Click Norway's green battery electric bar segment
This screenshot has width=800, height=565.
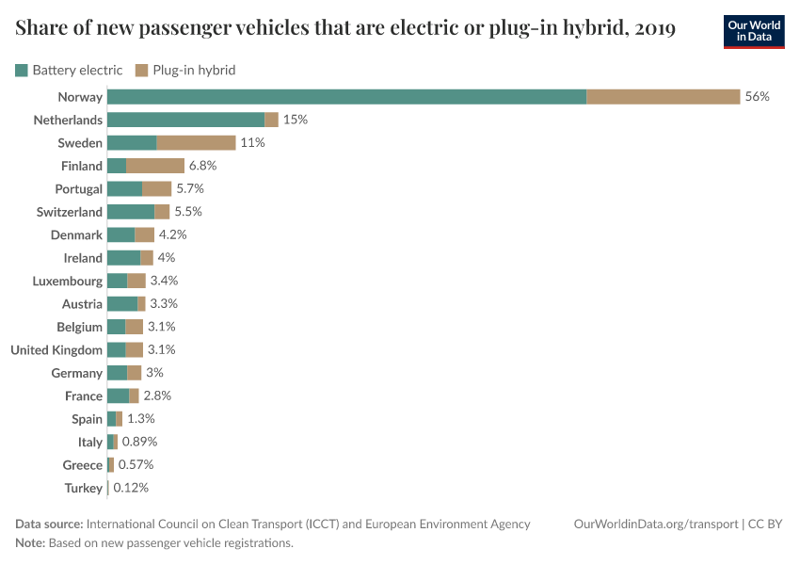(x=346, y=97)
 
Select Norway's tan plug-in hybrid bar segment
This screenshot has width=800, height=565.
(x=663, y=97)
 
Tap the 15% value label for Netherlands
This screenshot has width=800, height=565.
(x=295, y=120)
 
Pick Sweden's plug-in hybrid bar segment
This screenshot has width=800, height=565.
(x=196, y=143)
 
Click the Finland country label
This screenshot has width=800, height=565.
(x=82, y=166)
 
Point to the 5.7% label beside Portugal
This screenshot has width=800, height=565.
(x=189, y=188)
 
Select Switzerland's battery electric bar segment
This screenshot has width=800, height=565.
(x=131, y=212)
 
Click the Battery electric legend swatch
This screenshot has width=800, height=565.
(x=22, y=70)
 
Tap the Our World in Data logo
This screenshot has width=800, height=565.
(x=756, y=30)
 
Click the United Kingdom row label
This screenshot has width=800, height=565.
(x=56, y=350)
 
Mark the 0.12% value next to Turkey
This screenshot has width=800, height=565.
(x=131, y=488)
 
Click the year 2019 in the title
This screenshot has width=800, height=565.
(x=655, y=28)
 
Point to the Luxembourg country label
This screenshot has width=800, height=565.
(x=67, y=281)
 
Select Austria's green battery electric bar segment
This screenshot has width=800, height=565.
(x=122, y=304)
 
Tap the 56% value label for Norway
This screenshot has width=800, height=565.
(x=757, y=97)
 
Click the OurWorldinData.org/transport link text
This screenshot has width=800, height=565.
(x=655, y=524)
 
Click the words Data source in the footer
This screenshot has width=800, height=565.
(x=49, y=524)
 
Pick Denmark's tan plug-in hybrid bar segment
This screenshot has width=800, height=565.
(x=145, y=234)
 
